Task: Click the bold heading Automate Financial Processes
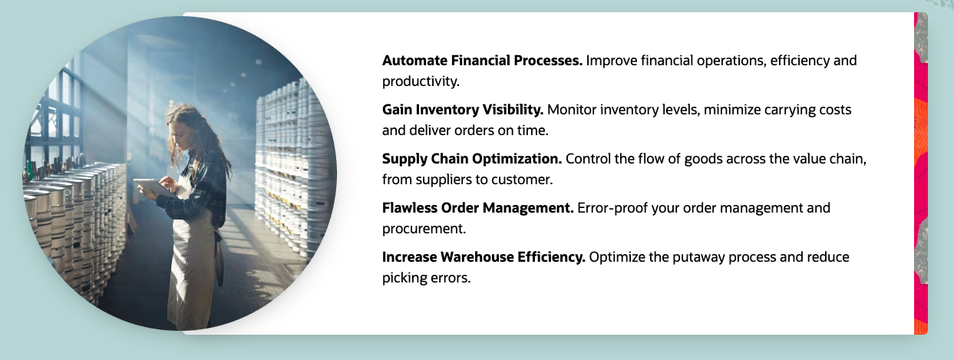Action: [x=482, y=61]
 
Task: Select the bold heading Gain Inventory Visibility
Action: [x=463, y=110]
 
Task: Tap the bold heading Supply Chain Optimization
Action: [x=472, y=159]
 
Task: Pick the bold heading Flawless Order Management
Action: [x=478, y=208]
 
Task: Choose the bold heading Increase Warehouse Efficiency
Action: [x=484, y=257]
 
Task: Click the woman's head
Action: [x=184, y=124]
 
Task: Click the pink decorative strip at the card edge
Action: [x=921, y=173]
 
